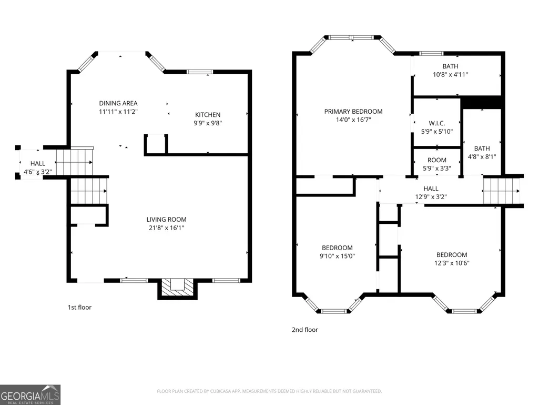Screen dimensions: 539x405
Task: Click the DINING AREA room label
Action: tap(118, 103)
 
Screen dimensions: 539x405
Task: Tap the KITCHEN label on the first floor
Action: tap(208, 115)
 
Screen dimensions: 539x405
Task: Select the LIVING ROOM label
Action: tap(166, 220)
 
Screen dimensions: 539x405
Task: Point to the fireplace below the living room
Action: tap(177, 289)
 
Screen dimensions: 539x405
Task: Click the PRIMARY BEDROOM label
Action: tap(353, 112)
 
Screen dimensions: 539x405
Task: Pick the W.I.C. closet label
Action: tap(437, 123)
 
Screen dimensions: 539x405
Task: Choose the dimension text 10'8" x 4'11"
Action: tap(450, 74)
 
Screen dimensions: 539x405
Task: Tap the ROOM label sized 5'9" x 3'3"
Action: tap(437, 160)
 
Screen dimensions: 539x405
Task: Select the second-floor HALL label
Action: tap(431, 189)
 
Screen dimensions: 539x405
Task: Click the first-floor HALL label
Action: tap(38, 164)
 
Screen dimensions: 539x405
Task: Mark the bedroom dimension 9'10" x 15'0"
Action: tap(337, 256)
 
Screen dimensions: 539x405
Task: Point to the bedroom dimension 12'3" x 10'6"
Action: tap(452, 263)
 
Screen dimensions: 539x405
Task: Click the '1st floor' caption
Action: tap(79, 307)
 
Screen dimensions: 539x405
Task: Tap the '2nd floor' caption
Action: tap(305, 330)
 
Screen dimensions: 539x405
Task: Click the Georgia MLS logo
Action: tap(30, 394)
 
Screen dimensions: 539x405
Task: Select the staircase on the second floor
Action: tap(502, 191)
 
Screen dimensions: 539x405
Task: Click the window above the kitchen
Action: tap(200, 72)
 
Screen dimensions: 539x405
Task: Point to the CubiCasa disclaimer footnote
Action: tap(269, 391)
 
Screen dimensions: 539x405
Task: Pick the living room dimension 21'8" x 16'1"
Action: tap(166, 228)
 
